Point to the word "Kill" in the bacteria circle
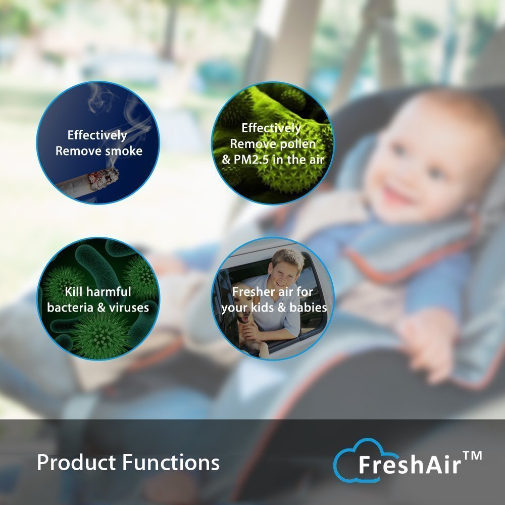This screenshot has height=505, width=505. (74, 292)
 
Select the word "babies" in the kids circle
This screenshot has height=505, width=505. (308, 307)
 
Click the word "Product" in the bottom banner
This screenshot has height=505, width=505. (76, 463)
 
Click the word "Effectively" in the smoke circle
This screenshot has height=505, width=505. (97, 135)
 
